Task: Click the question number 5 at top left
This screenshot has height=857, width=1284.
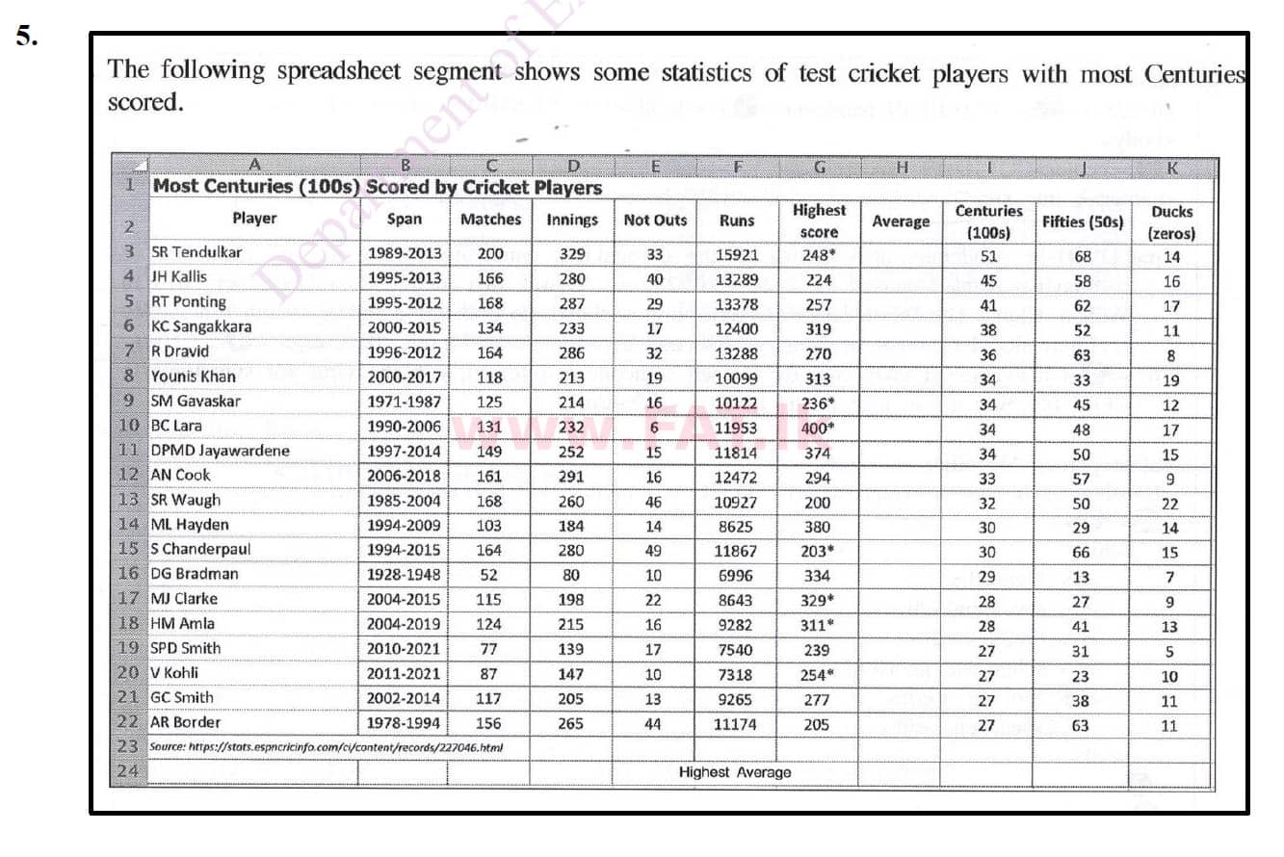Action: (26, 37)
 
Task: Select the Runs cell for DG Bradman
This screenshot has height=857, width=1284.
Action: (735, 575)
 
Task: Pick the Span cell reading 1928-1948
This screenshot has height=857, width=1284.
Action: (404, 574)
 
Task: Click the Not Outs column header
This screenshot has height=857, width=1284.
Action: (655, 220)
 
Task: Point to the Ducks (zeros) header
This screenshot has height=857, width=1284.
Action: (1171, 222)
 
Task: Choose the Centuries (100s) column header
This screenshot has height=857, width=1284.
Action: (988, 221)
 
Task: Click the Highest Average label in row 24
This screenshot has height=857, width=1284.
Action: (735, 772)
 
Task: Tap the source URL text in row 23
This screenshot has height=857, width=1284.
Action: (327, 746)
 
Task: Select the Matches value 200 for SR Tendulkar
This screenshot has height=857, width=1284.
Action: (489, 253)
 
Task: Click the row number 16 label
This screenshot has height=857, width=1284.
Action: (128, 574)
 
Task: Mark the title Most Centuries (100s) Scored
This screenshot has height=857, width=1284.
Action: (377, 187)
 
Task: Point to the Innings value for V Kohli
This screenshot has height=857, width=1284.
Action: (570, 674)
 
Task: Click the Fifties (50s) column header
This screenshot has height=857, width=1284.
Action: (1082, 221)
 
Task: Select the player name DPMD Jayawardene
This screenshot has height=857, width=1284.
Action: (220, 451)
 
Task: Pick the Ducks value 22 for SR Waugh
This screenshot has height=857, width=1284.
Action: (1169, 502)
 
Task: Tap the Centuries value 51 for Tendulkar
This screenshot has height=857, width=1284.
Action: (988, 256)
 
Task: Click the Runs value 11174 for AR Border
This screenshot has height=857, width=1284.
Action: (735, 724)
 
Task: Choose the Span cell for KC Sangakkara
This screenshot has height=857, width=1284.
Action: (404, 327)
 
